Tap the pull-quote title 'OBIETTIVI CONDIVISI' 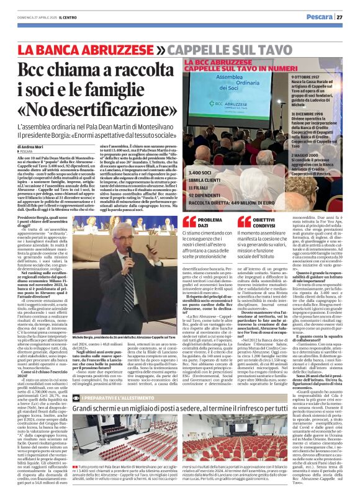(x=266, y=223)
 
